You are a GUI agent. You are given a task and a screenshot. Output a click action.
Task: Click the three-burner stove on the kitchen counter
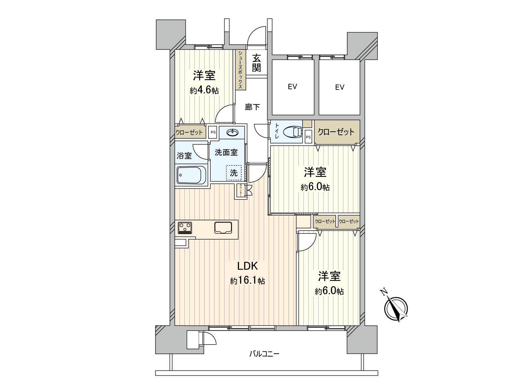tap(185, 227)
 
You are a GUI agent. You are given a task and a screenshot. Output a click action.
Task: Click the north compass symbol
tap(396, 308)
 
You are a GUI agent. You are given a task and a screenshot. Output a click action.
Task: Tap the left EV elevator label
tap(292, 87)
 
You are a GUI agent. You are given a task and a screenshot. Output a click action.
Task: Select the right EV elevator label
tap(340, 87)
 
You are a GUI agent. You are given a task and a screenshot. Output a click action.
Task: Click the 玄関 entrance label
tap(256, 63)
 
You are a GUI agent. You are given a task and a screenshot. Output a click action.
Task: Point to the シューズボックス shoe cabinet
tap(240, 70)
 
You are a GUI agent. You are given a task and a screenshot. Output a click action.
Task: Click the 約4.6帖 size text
tap(204, 90)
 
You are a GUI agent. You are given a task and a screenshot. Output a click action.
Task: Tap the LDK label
tap(247, 266)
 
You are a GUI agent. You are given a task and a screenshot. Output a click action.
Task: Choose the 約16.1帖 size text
tap(247, 281)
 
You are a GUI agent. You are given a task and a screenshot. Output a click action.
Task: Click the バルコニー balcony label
tap(264, 354)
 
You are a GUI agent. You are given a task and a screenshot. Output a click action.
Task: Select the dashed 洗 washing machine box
tap(234, 173)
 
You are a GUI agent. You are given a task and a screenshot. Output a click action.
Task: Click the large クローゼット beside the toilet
tap(336, 132)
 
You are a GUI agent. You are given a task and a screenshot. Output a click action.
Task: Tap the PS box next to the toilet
tap(308, 137)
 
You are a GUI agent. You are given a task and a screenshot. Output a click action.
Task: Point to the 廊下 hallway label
tap(252, 107)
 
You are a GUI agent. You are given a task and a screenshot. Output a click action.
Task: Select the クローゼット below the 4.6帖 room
tap(189, 132)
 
